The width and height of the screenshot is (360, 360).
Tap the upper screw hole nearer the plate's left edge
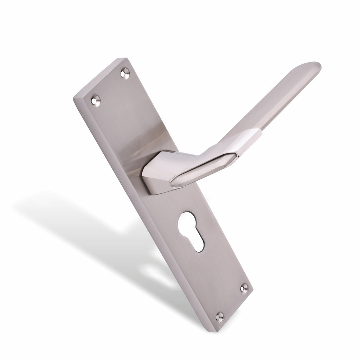click(95, 100)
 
